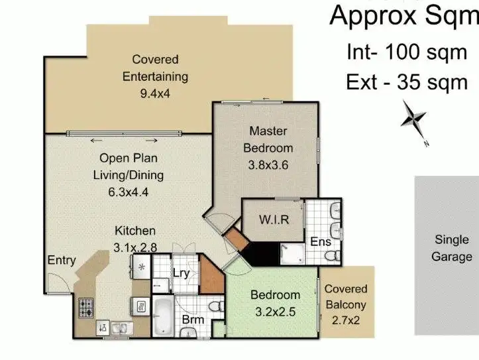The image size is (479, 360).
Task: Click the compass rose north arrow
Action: (x=414, y=120)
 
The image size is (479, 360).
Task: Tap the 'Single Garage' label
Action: (x=453, y=248)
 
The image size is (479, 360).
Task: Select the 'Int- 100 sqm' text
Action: (x=407, y=52)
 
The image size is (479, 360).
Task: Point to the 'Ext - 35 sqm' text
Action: (x=407, y=82)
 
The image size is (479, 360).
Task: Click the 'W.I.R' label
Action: (x=274, y=219)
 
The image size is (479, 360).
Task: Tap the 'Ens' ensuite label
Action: (x=321, y=242)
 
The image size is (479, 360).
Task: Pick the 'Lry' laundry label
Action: (x=181, y=272)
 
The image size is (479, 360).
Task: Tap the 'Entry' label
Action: (x=62, y=260)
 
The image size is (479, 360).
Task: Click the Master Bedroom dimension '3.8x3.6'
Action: (x=268, y=162)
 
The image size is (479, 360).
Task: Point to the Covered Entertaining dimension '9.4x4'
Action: (x=155, y=93)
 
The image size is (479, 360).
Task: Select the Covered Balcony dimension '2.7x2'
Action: (x=346, y=321)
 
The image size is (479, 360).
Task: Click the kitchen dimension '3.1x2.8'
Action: (x=135, y=247)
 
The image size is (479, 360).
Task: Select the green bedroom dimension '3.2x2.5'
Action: (x=275, y=312)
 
